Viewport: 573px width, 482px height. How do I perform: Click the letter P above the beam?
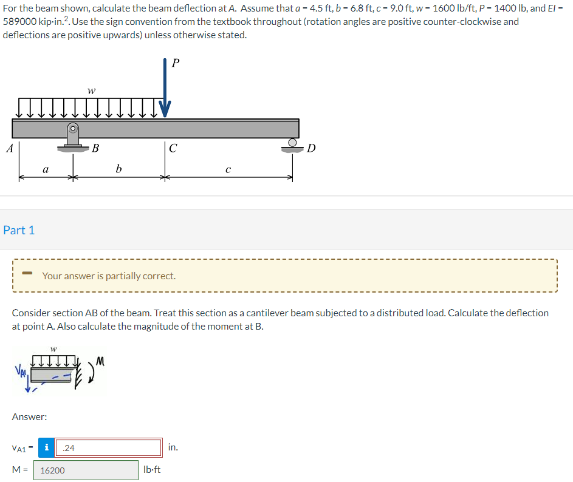(176, 63)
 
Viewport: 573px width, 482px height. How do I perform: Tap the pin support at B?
(73, 138)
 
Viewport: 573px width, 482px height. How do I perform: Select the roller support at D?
(293, 146)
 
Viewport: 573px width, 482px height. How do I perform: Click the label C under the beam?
(173, 148)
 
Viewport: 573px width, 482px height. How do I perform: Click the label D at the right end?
(311, 148)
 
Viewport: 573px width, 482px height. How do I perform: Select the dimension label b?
(118, 169)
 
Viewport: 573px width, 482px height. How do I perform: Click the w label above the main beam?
(91, 91)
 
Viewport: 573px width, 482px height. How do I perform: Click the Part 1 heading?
(19, 230)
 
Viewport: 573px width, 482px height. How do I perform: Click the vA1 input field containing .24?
(109, 448)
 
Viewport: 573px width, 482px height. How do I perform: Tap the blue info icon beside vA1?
(46, 448)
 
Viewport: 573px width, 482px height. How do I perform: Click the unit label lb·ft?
(152, 470)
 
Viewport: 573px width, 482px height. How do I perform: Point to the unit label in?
(173, 448)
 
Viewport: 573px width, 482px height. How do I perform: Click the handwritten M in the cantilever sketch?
(100, 363)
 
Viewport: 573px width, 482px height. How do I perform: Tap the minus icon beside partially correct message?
(26, 274)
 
